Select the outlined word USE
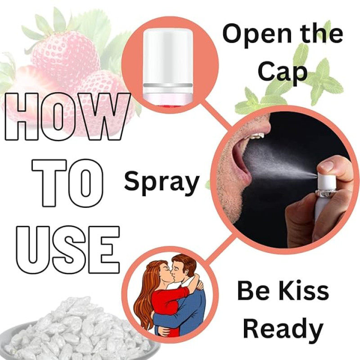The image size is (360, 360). click(68, 250)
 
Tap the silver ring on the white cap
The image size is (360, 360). click(168, 85)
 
